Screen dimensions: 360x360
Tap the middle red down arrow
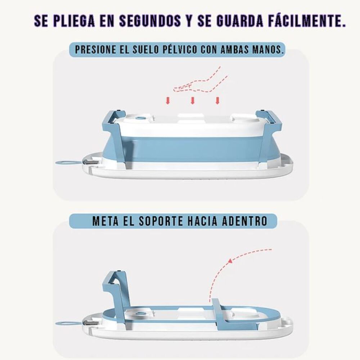[x=193, y=100]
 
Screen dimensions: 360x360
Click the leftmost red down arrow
[x=167, y=100]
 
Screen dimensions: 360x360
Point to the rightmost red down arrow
[x=217, y=100]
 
